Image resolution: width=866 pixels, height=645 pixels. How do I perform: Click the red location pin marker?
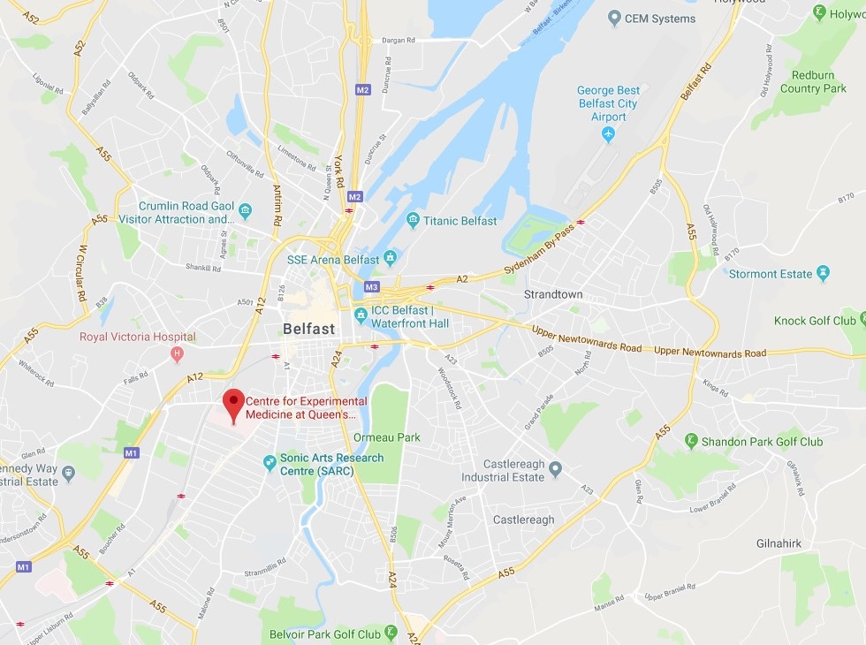(x=233, y=404)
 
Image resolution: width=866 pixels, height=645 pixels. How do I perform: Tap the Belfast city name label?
(x=308, y=329)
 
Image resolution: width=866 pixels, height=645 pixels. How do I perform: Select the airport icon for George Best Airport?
(x=608, y=133)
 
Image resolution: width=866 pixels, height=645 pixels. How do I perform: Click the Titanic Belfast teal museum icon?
(x=412, y=220)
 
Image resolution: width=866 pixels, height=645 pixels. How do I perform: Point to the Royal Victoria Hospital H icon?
(x=177, y=354)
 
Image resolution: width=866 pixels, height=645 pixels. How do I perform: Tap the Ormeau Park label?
(x=386, y=437)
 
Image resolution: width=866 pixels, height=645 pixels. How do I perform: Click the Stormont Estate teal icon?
(x=824, y=273)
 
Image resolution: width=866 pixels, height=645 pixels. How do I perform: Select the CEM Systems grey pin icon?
(x=614, y=19)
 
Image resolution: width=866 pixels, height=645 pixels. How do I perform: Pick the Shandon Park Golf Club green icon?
(x=691, y=441)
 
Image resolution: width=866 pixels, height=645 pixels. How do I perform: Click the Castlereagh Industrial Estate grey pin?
(x=555, y=467)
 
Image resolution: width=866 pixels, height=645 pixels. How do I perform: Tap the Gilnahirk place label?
(x=779, y=543)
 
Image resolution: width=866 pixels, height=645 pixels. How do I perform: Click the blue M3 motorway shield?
(x=371, y=287)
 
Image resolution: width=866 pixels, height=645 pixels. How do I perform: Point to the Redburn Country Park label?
(x=819, y=81)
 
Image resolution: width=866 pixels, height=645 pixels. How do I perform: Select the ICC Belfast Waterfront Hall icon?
(x=361, y=315)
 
